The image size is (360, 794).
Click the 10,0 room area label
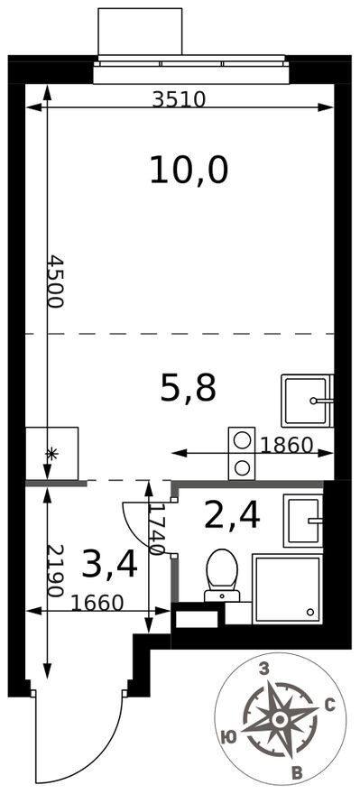click(x=189, y=169)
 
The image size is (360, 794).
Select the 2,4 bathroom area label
click(x=232, y=516)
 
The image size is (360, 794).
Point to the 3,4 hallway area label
click(x=109, y=564)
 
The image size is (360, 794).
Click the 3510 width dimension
click(x=179, y=100)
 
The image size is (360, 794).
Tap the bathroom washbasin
click(x=302, y=521)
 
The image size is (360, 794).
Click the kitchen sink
click(x=306, y=401)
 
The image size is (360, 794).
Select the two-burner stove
click(x=242, y=453)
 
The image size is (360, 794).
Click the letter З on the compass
click(x=264, y=669)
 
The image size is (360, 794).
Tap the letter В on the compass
click(x=296, y=771)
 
